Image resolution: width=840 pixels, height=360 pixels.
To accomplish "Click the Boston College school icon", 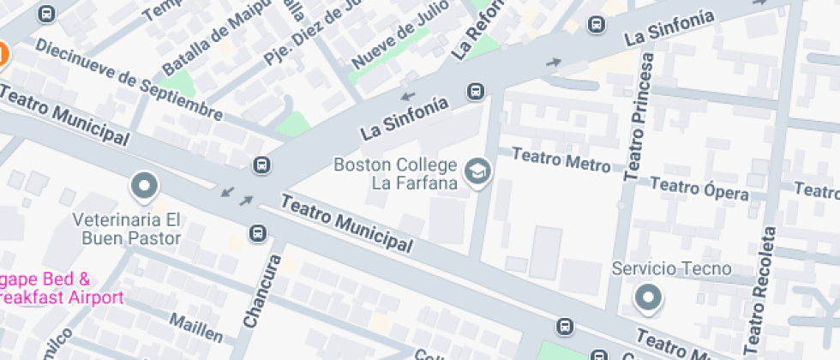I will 476,172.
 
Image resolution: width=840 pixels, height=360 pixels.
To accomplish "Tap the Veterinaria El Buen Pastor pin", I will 143,186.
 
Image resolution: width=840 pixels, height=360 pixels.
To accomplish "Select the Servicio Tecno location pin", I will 648,298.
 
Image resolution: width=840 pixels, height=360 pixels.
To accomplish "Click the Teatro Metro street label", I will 561,160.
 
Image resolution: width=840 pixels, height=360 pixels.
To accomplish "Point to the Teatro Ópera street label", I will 699,188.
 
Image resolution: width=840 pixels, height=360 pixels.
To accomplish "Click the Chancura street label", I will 261,291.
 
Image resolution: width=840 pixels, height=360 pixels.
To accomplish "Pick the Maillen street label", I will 195,327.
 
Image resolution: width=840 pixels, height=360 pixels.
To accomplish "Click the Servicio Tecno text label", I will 671,269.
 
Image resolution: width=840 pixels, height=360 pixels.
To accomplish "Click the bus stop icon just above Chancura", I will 258,232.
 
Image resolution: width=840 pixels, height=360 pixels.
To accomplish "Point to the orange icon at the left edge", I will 3,55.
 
